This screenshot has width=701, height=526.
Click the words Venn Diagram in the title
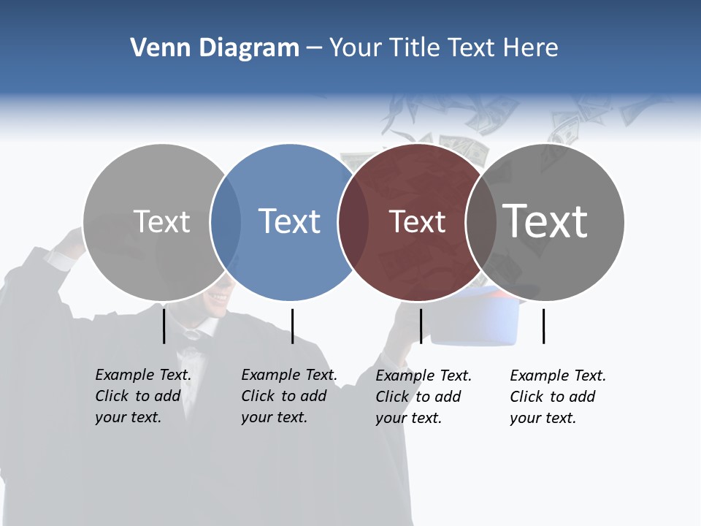215,48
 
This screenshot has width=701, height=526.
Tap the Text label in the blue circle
290,221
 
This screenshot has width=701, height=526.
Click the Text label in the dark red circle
417,222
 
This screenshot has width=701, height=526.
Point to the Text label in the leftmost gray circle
162,221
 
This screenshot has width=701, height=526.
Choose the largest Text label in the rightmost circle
545,221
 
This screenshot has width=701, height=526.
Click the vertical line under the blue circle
292,326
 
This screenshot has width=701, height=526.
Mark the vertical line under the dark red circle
421,326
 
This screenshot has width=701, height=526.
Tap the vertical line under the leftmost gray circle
164,326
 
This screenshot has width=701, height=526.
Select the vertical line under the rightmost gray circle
543,326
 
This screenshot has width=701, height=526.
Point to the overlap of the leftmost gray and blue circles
226,222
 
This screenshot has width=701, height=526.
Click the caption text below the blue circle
289,396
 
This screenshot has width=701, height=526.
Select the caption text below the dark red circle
424,397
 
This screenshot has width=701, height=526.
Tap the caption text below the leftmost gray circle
143,396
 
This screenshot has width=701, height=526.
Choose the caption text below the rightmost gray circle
558,397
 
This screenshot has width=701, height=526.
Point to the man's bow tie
192,335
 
